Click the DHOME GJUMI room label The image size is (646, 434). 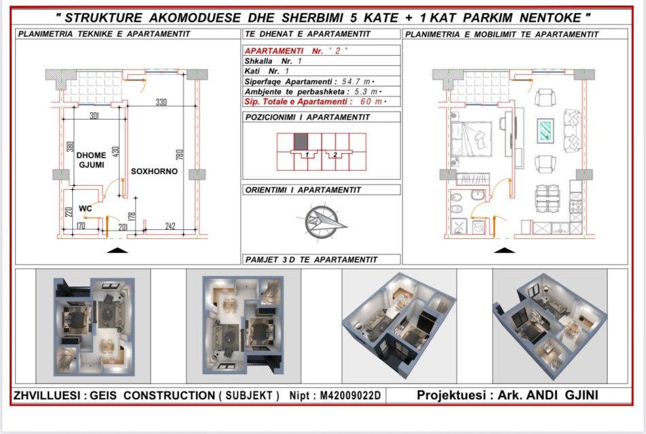pos(90,160)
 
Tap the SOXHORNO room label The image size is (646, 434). pos(154,171)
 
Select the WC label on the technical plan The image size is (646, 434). pos(85,208)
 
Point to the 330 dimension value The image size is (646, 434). pos(161,103)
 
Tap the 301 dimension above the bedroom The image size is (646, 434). pos(95,116)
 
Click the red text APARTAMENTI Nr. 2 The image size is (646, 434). pos(291,51)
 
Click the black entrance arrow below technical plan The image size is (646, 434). pos(118,250)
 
